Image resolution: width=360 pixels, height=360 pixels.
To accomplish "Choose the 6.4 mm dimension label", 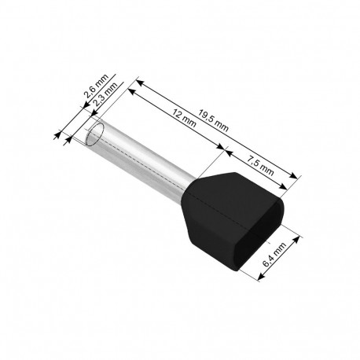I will tap(277, 255).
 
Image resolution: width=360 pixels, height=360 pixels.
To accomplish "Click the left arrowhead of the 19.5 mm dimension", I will tap(141, 81).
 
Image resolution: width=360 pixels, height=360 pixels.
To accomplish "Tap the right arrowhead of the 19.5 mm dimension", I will tap(296, 178).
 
